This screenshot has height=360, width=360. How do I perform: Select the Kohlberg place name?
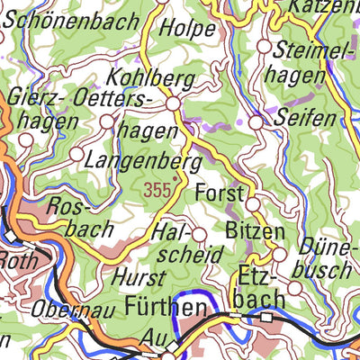tap(150, 79)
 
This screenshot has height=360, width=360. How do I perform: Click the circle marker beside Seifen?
tap(256, 121)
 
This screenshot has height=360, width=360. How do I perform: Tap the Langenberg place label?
tap(142, 162)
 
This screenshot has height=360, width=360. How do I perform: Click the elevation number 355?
tap(156, 191)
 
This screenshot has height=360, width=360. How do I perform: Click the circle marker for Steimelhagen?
tap(265, 45)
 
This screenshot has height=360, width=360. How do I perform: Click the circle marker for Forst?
tap(253, 205)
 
